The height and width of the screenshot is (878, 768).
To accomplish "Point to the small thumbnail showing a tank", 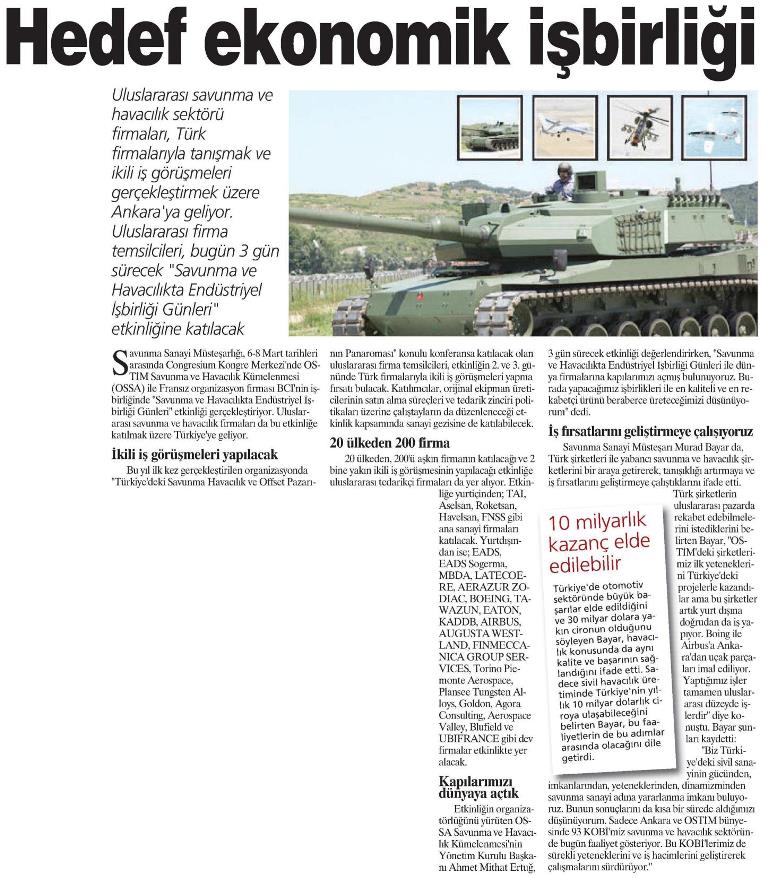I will [x=488, y=127].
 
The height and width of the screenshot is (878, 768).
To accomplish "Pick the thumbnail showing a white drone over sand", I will [x=564, y=127].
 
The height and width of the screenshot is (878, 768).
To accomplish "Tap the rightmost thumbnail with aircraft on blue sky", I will [x=713, y=127].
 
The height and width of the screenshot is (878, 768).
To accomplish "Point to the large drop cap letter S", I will [x=120, y=361].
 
